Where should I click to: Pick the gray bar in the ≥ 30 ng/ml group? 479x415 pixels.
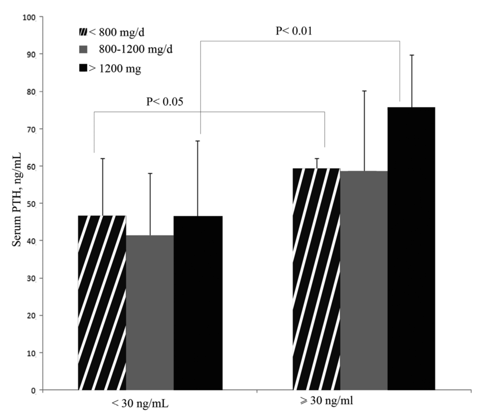click(x=364, y=280)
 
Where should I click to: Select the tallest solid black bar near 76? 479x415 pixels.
click(x=412, y=248)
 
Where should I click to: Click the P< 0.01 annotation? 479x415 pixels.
click(x=294, y=31)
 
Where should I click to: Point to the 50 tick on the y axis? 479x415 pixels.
click(x=34, y=204)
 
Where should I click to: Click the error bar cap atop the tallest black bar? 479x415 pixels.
click(x=412, y=55)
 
